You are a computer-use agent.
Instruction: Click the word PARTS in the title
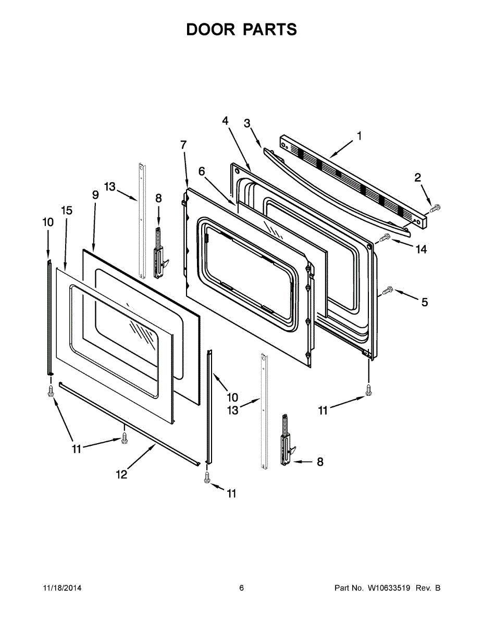pyautogui.click(x=269, y=30)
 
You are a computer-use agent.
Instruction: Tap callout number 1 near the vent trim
pyautogui.click(x=359, y=136)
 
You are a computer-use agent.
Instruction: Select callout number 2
pyautogui.click(x=418, y=178)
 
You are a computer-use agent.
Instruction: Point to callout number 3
pyautogui.click(x=247, y=123)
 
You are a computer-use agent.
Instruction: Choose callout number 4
pyautogui.click(x=225, y=120)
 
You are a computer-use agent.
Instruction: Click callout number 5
pyautogui.click(x=425, y=302)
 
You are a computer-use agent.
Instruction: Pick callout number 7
pyautogui.click(x=183, y=145)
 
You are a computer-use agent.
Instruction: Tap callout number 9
pyautogui.click(x=95, y=195)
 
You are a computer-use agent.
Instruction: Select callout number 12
pyautogui.click(x=121, y=474)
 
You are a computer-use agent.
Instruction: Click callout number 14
pyautogui.click(x=421, y=249)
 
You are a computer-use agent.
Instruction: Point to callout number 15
pyautogui.click(x=67, y=210)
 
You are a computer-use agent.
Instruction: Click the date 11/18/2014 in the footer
pyautogui.click(x=62, y=588)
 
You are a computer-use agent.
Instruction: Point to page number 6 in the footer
pyautogui.click(x=241, y=588)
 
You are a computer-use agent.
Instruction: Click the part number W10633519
pyautogui.click(x=390, y=588)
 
